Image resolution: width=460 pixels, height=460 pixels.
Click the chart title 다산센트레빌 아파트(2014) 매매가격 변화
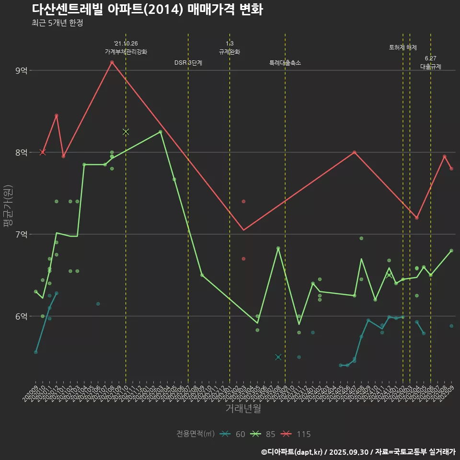pyautogui.click(x=147, y=10)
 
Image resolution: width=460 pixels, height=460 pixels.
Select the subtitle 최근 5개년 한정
pyautogui.click(x=57, y=23)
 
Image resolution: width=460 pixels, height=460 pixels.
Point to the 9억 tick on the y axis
pyautogui.click(x=22, y=71)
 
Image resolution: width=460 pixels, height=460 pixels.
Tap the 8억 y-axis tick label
pyautogui.click(x=22, y=152)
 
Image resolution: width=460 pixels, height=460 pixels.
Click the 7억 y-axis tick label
pyautogui.click(x=22, y=234)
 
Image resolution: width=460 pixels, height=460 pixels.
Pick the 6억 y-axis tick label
pyautogui.click(x=22, y=316)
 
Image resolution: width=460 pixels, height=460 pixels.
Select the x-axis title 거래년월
pyautogui.click(x=243, y=409)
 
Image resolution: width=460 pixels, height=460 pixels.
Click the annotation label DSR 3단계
pyautogui.click(x=188, y=63)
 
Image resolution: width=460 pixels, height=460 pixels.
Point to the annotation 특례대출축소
pyautogui.click(x=285, y=63)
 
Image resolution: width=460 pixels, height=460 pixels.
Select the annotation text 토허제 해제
pyautogui.click(x=402, y=47)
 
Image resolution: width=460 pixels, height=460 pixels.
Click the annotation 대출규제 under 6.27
pyautogui.click(x=430, y=67)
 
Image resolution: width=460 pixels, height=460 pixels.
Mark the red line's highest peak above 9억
pyautogui.click(x=112, y=62)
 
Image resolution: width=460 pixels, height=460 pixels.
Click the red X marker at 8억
pyautogui.click(x=43, y=152)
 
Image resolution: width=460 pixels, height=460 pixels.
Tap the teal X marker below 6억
pyautogui.click(x=278, y=357)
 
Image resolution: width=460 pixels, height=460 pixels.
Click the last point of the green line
pyautogui.click(x=451, y=251)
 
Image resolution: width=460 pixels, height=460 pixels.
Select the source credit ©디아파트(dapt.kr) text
pyautogui.click(x=292, y=451)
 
